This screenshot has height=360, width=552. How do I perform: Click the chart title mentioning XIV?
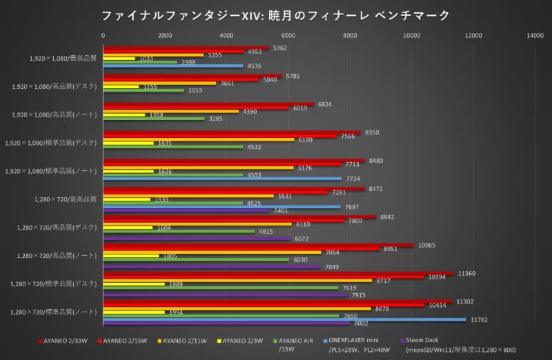click(x=276, y=14)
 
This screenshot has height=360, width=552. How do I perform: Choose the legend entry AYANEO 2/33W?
click(x=66, y=340)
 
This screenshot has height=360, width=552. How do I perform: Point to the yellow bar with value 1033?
click(x=119, y=59)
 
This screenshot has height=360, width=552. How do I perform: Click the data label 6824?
click(x=324, y=104)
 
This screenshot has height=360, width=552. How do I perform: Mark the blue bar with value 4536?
click(x=173, y=66)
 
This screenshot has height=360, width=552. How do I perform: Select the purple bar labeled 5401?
click(x=186, y=211)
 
